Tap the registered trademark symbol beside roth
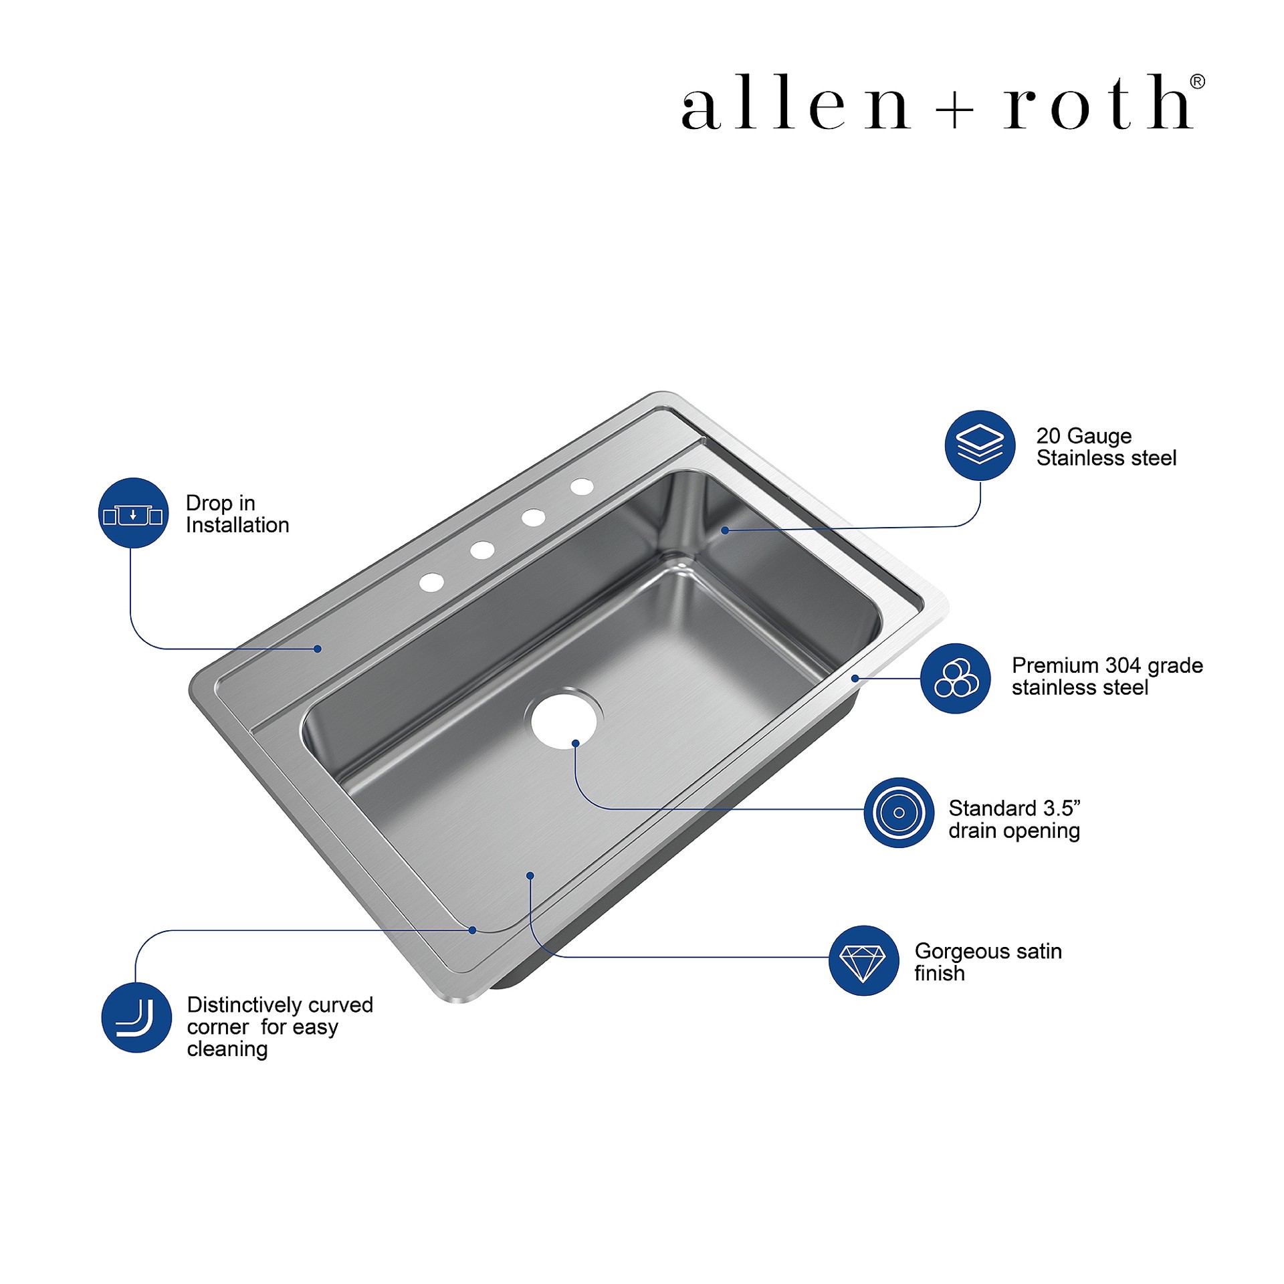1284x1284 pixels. tap(1197, 82)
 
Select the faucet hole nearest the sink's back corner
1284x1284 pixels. tap(582, 487)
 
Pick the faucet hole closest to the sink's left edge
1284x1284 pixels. tap(431, 582)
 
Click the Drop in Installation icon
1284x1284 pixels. tap(133, 513)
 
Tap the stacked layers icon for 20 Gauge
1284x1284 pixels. tap(980, 445)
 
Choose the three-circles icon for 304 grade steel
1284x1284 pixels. tap(956, 678)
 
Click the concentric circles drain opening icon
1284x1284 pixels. tap(899, 813)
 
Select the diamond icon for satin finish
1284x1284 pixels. tap(863, 961)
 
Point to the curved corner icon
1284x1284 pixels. tap(136, 1017)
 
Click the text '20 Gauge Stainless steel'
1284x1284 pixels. tap(1106, 447)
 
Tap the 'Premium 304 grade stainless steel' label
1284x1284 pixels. tap(1107, 676)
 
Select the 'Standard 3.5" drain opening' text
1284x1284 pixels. tap(1014, 819)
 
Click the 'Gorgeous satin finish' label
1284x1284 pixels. tap(988, 962)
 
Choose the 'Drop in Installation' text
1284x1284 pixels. tap(237, 514)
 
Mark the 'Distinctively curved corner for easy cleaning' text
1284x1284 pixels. tap(280, 1027)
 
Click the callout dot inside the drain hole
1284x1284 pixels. tap(575, 744)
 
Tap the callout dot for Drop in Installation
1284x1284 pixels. tap(318, 649)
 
